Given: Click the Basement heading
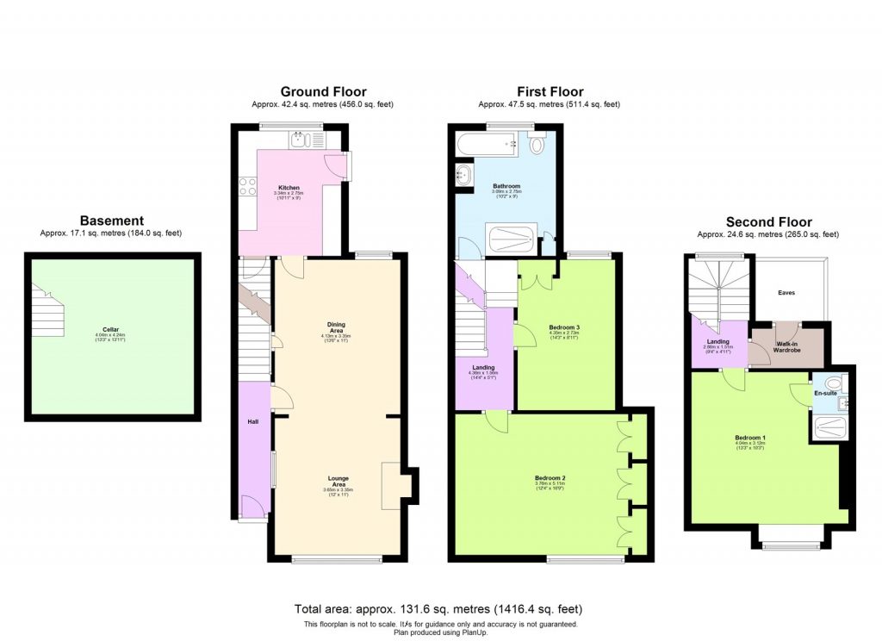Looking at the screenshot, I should pos(112,221).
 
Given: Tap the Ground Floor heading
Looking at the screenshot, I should pos(323,91).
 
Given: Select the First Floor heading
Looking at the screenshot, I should pos(550,91).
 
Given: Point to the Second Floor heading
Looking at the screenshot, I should pos(768,221).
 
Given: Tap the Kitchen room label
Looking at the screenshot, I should pos(288,187).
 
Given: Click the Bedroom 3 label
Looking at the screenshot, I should pos(564,327).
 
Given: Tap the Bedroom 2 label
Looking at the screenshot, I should pos(550,478).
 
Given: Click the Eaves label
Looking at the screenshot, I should pos(786,293).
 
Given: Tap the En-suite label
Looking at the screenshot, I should pos(825,392).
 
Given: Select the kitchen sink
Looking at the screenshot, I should pos(306,139).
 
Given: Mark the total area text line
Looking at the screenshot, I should pos(444,608).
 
